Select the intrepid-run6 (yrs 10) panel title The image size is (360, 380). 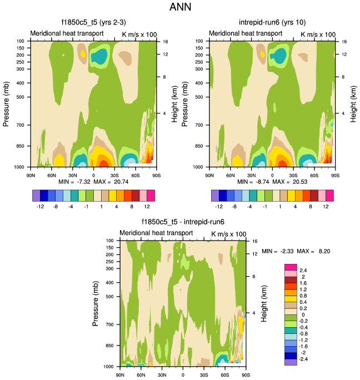click(x=271, y=23)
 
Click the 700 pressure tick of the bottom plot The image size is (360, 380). click(x=109, y=324)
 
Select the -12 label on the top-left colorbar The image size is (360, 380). click(x=41, y=205)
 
